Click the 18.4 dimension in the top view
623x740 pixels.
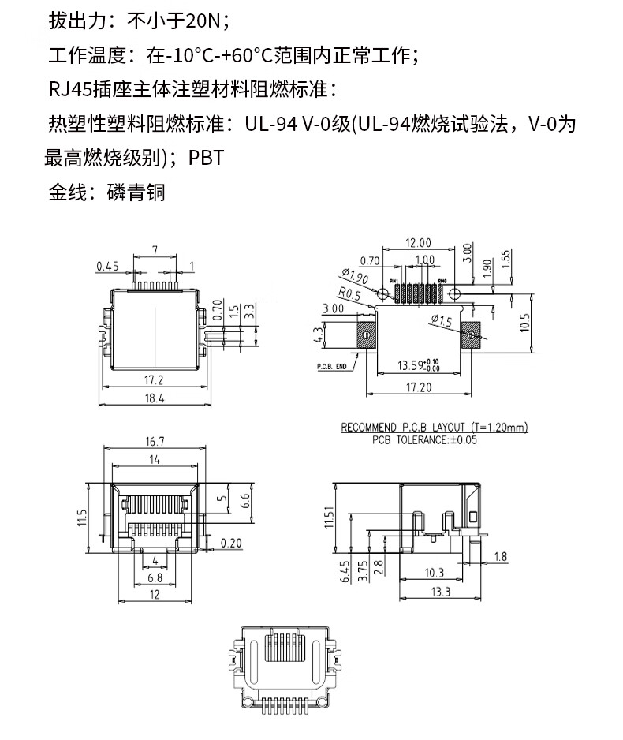155,399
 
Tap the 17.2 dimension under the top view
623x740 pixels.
155,379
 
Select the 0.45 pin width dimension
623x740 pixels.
107,266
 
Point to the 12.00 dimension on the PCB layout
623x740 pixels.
417,242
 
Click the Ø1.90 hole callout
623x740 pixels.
356,277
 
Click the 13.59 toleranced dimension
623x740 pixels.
418,365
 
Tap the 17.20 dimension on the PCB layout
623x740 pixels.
418,387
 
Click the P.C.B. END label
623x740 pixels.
332,367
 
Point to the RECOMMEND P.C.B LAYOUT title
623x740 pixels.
435,428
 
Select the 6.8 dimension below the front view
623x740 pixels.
155,578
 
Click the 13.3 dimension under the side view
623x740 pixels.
441,592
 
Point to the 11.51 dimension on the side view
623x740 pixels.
330,518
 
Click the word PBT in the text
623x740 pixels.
207,158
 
